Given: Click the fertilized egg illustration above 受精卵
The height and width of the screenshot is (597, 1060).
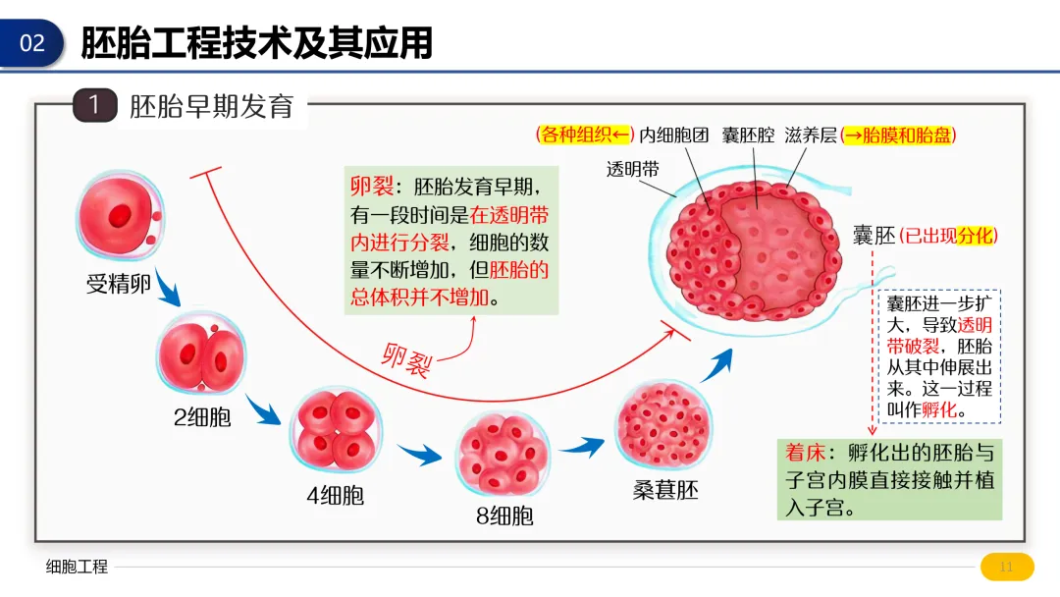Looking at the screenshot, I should (x=119, y=215).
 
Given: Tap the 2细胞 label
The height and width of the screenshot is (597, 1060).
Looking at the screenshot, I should (x=202, y=417).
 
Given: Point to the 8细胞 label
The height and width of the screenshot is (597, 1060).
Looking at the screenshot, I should (x=504, y=516).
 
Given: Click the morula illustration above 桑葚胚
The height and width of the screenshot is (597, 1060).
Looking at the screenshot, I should (x=663, y=423).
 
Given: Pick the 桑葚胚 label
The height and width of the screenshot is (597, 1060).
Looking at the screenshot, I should (x=665, y=490).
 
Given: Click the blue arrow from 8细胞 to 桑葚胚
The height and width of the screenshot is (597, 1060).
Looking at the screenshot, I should (x=581, y=447).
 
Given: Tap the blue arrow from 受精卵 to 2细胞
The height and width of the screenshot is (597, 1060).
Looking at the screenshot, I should (x=169, y=288).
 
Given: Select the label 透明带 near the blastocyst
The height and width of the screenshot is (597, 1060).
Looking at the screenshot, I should (x=633, y=169).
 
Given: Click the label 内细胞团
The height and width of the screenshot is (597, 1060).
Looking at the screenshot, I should (x=674, y=136).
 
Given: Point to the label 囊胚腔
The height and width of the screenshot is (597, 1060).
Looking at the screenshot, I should (x=749, y=136).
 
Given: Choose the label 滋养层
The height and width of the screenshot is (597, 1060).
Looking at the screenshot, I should (x=811, y=136).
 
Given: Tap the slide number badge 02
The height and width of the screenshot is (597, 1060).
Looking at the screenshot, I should (x=31, y=43).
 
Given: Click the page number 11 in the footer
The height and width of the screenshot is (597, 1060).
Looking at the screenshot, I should (x=1006, y=568).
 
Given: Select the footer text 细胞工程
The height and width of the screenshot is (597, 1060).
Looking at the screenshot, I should (x=77, y=568).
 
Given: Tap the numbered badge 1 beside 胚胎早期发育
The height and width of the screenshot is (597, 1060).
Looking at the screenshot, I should (x=94, y=105).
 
